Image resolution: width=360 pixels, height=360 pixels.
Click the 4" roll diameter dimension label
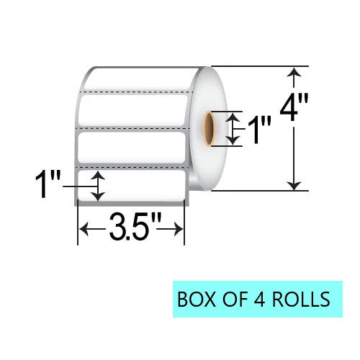pyautogui.click(x=294, y=107)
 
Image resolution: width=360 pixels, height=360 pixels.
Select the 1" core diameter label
pyautogui.click(x=259, y=130)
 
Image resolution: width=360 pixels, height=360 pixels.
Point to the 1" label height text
pyautogui.click(x=48, y=184)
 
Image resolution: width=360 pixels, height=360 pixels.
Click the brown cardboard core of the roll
pyautogui.click(x=208, y=128)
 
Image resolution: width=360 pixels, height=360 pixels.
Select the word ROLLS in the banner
pyautogui.click(x=301, y=300)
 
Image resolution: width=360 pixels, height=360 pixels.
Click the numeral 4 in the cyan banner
pyautogui.click(x=258, y=300)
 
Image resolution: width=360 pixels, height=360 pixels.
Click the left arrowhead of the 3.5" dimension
pyautogui.click(x=83, y=229)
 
